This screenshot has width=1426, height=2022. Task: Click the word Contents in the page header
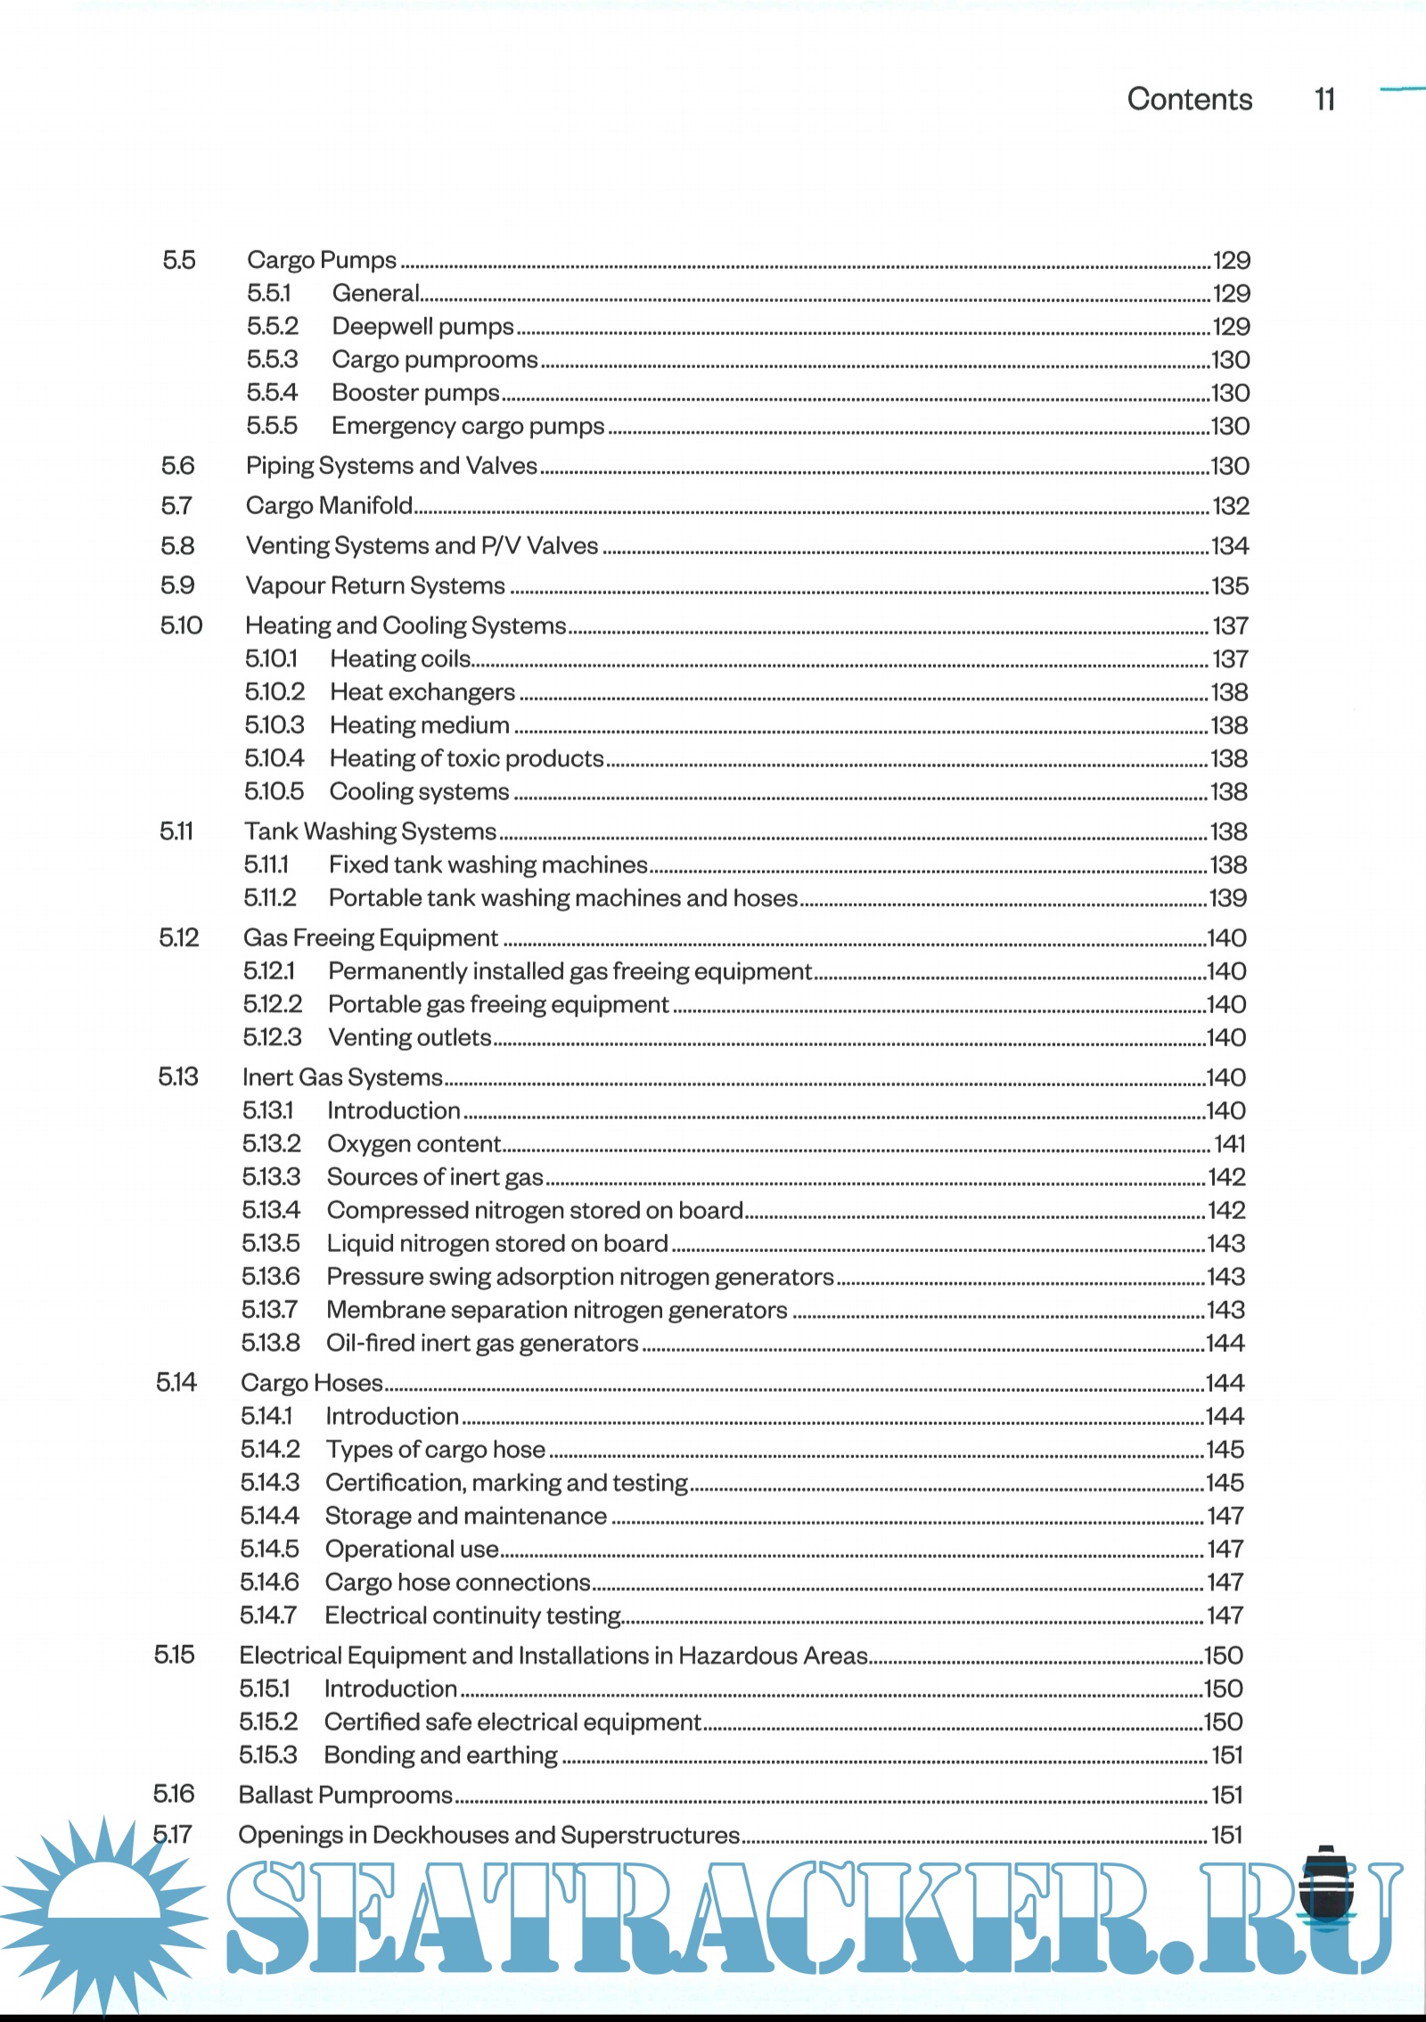[1189, 99]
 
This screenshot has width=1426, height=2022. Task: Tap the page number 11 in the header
[1324, 99]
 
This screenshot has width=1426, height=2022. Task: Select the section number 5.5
[178, 260]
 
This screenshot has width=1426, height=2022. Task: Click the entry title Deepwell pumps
[422, 326]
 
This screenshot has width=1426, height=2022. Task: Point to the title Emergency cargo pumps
[468, 426]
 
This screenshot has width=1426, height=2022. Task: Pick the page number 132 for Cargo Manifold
[1231, 506]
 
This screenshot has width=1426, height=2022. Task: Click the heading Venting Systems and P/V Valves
[422, 545]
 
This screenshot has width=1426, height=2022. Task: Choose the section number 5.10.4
[274, 758]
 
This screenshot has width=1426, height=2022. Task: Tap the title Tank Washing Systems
[370, 831]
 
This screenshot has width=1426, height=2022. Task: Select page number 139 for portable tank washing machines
[1227, 898]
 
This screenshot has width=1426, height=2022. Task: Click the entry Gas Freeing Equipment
[370, 937]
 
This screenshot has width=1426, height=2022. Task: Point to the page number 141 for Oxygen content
[1230, 1143]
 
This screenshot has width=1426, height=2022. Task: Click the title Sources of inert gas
[435, 1177]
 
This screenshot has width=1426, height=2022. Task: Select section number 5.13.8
[271, 1343]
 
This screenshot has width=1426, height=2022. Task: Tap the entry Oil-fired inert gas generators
[482, 1343]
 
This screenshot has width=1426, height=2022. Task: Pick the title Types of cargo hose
[435, 1450]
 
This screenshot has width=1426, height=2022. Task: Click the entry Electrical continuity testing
[473, 1616]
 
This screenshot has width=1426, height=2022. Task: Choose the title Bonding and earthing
[440, 1756]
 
